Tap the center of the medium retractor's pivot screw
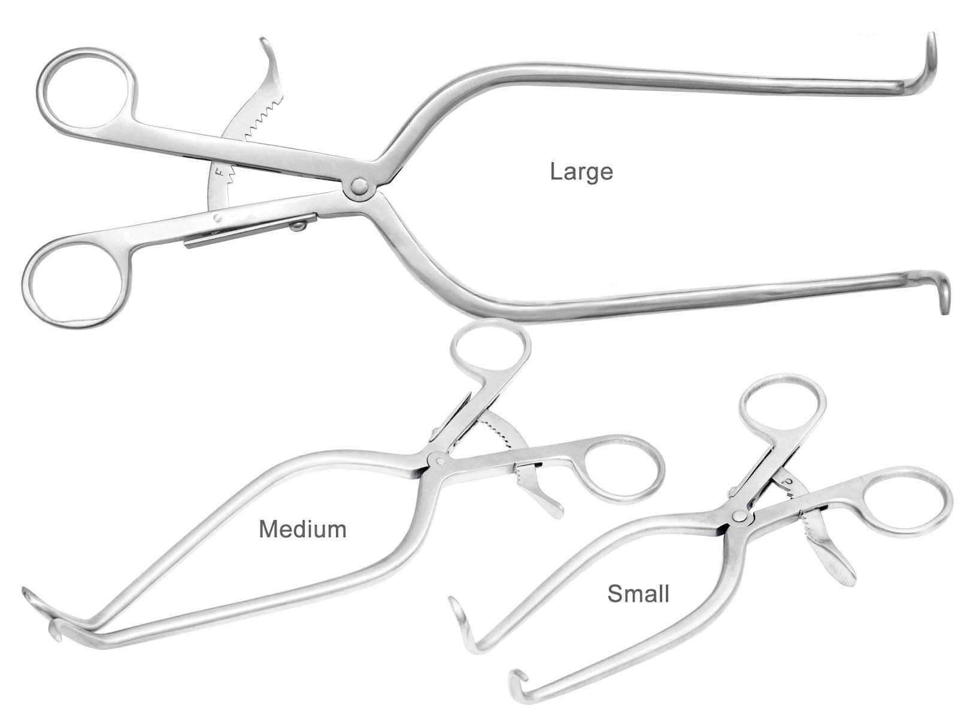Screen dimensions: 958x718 (436, 459)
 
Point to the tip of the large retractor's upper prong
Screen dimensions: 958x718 (931, 35)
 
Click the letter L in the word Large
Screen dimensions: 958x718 (555, 171)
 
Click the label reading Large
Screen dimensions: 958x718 (581, 173)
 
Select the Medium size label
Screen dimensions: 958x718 (302, 530)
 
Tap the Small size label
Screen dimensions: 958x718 (638, 594)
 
